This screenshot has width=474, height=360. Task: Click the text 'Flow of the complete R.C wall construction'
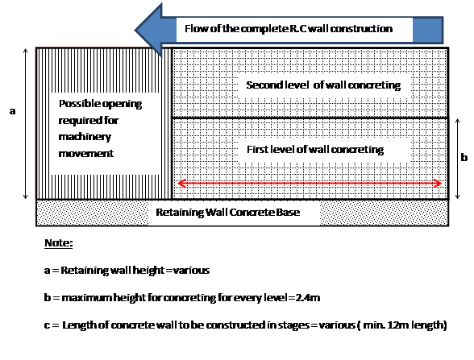[x=288, y=29]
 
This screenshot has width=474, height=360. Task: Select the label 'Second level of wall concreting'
[x=322, y=85]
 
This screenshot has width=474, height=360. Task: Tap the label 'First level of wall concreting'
[x=314, y=149]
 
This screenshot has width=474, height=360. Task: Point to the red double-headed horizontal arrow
[x=311, y=183]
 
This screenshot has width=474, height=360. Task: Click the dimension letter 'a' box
[x=12, y=112]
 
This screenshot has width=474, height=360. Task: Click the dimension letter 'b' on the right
[x=464, y=158]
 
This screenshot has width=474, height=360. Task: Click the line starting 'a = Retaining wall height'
[x=127, y=271]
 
